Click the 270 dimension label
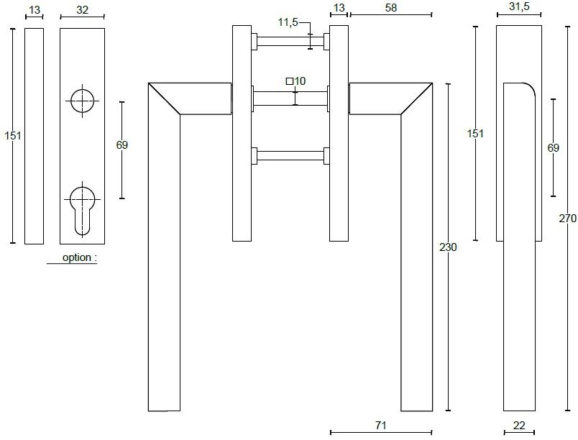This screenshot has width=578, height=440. coord(568,218)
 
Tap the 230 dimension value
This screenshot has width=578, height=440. coord(448,247)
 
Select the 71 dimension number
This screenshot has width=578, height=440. coord(381,426)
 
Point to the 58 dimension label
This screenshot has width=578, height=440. coord(391,7)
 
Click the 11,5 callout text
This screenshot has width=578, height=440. coord(288,22)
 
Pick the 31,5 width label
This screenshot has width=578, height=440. coord(519,6)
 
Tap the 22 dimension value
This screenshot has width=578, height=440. coord(519,426)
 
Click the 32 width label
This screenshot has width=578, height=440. coord(82,10)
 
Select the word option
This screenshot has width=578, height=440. coord(77,257)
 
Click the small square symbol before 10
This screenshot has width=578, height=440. coord(290,81)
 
